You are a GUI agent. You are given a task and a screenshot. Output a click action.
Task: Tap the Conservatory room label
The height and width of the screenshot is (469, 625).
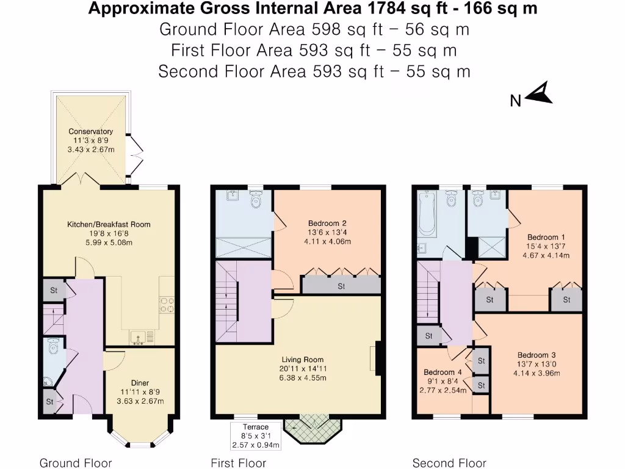click(x=91, y=131)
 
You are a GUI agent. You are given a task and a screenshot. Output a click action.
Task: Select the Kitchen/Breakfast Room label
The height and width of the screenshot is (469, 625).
click(x=109, y=224)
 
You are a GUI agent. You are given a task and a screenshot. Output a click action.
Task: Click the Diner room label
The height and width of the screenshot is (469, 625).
click(x=140, y=383)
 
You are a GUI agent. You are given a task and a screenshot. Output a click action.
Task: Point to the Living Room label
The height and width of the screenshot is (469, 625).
click(x=303, y=359)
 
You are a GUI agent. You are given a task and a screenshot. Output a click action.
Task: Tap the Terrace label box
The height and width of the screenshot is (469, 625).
click(x=256, y=436)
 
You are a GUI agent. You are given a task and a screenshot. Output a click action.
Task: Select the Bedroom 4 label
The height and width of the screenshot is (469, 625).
click(x=443, y=372)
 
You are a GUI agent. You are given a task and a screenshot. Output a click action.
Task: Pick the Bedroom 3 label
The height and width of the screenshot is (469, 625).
click(x=536, y=355)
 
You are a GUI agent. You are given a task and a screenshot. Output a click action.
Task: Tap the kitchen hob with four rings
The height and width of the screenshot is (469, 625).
click(x=167, y=305)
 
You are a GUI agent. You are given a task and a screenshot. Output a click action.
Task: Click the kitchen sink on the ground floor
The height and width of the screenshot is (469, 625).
click(x=138, y=337)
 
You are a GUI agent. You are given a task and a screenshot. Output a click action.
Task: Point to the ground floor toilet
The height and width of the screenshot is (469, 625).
click(x=52, y=346)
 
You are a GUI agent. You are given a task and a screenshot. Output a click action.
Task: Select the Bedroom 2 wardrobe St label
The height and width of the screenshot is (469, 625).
click(x=341, y=286)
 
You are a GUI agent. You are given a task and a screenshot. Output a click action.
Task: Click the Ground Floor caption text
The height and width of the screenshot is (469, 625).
click(x=76, y=463)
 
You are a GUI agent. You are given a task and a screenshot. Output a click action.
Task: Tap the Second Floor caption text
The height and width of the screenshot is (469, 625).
click(x=449, y=463)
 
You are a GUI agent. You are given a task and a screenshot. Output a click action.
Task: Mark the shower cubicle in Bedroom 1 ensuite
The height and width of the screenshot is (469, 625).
click(x=492, y=247)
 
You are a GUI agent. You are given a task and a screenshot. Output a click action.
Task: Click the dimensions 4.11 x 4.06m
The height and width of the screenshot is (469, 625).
click(x=327, y=241)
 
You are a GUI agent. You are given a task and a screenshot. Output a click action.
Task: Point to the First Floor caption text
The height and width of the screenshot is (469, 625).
click(x=239, y=463)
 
